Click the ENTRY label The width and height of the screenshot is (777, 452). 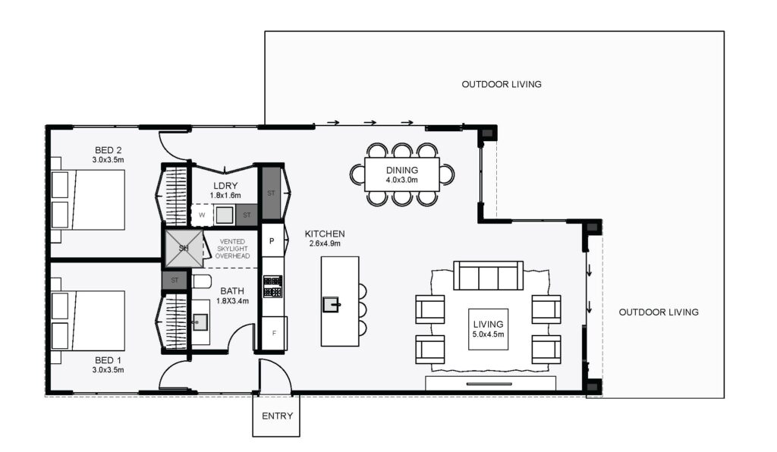click(x=277, y=416)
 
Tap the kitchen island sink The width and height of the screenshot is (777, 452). click(x=331, y=304)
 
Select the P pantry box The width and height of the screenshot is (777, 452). click(x=272, y=241)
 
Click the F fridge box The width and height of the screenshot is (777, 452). click(x=274, y=333)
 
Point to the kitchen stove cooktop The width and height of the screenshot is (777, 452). click(x=272, y=286)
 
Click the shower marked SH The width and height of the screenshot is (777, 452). click(x=184, y=248)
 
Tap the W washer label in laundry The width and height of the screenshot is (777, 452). click(x=202, y=215)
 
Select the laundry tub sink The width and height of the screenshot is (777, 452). click(x=224, y=215)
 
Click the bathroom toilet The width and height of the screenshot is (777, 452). click(x=200, y=281)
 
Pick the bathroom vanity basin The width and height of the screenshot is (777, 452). click(x=200, y=322)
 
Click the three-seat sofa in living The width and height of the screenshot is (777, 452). click(x=488, y=275)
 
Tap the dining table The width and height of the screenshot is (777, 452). click(x=402, y=174)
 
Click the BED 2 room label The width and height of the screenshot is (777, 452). click(x=108, y=150)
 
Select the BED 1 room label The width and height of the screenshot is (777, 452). click(x=108, y=360)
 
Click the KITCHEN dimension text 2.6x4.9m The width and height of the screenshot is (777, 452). click(x=325, y=243)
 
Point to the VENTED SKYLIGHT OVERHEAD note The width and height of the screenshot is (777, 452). click(x=232, y=249)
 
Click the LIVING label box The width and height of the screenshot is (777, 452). click(x=488, y=328)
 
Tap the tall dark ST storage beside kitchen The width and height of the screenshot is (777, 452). click(x=271, y=193)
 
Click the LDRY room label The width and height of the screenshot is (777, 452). click(x=225, y=186)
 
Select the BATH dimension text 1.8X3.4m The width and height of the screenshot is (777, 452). click(x=232, y=300)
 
